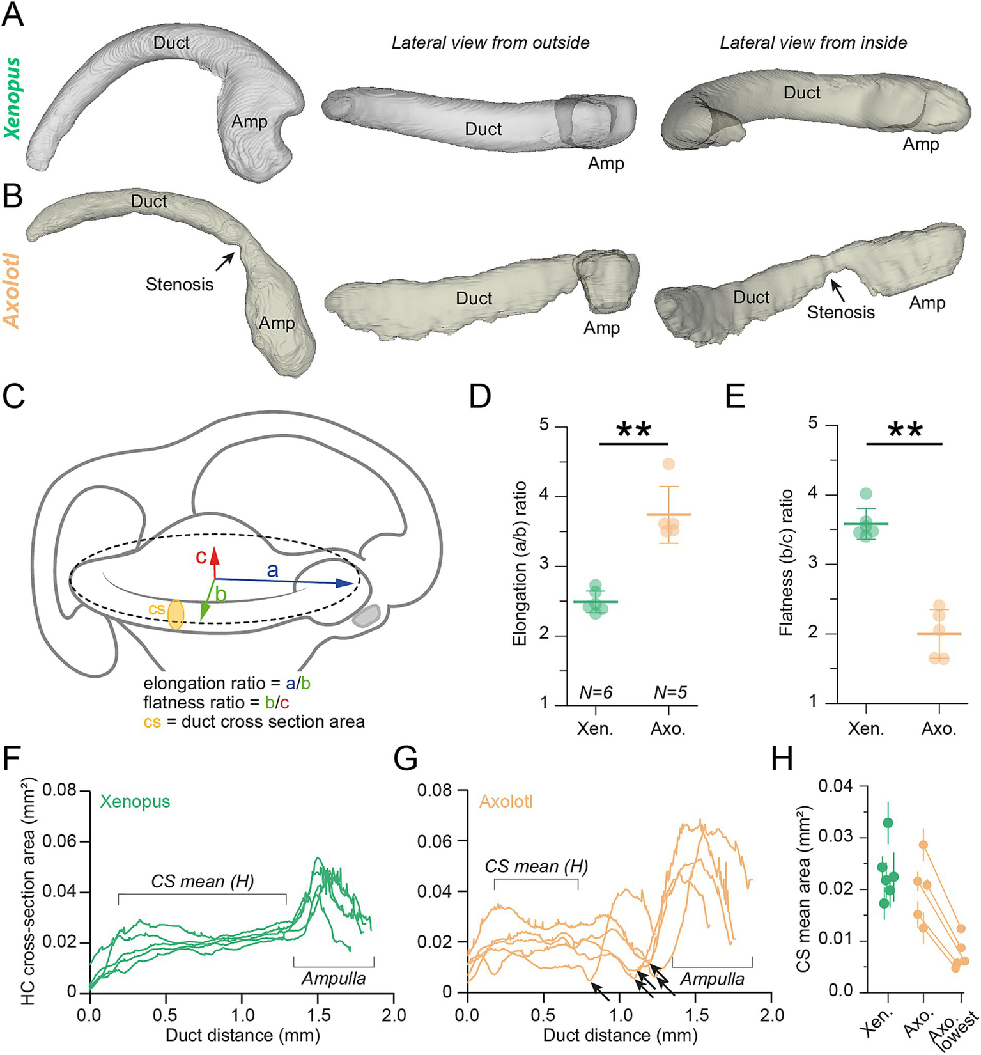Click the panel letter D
(480, 396)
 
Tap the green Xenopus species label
(13, 98)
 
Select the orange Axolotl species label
(13, 291)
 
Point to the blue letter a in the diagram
(273, 570)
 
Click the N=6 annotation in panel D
(596, 692)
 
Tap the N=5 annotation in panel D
(670, 692)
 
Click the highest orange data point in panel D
(668, 464)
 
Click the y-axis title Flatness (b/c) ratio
(786, 562)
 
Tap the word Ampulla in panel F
(334, 979)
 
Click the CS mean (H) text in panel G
(536, 867)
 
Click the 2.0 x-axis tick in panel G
(772, 1015)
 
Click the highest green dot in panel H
(888, 822)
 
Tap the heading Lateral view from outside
(490, 43)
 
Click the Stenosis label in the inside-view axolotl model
(840, 312)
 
